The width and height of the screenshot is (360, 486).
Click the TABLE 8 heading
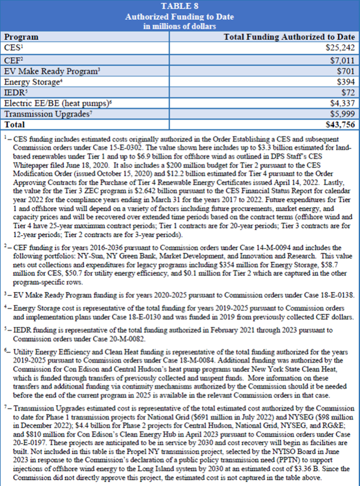click(x=180, y=6)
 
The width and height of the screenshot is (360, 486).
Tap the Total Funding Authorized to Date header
click(x=289, y=37)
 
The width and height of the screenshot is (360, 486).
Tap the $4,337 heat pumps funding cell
click(x=342, y=103)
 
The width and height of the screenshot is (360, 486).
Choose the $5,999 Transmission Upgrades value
click(x=342, y=113)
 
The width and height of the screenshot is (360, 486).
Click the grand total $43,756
click(x=340, y=124)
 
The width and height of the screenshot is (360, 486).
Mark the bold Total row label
click(x=14, y=124)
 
